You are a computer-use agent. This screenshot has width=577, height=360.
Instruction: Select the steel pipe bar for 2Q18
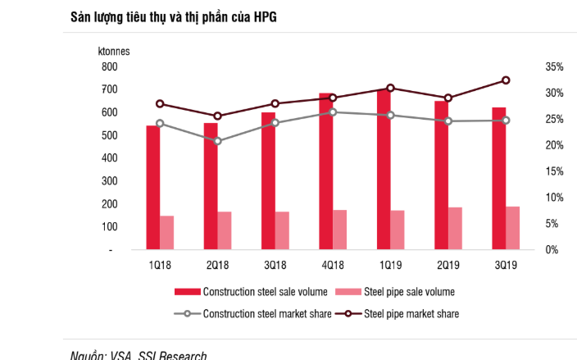pos(224,230)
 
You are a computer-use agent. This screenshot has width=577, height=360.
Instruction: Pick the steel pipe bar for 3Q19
pos(512,228)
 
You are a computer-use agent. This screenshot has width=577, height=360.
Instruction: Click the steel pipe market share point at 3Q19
pos(506,80)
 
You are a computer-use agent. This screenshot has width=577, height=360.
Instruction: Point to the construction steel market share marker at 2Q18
pos(217,141)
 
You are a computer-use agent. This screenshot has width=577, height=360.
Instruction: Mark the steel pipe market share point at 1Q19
pos(391,88)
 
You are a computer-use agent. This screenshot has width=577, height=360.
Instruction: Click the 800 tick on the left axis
pos(108,66)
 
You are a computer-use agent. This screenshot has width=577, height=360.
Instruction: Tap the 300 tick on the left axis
pos(108,180)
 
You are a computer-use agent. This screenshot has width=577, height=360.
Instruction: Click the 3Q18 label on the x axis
pos(274,265)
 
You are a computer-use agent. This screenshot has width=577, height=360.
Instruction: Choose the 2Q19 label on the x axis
pos(448,265)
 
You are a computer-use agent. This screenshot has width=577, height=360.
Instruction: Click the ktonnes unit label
pos(115,51)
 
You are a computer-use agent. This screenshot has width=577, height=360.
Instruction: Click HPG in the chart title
pos(262,17)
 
